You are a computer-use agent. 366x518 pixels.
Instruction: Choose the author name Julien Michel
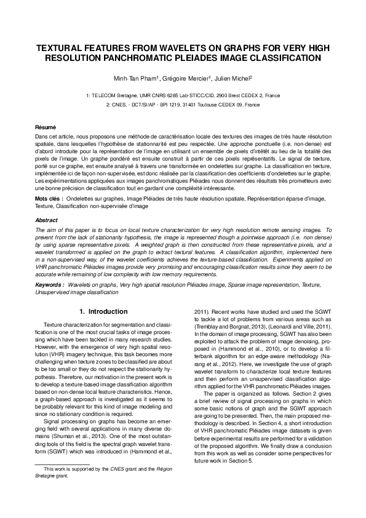pos(233,79)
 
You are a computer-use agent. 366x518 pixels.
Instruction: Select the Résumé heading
pos(46,126)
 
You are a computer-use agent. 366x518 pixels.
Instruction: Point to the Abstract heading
pos(47,220)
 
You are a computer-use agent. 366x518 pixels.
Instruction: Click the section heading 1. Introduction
pos(104,311)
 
